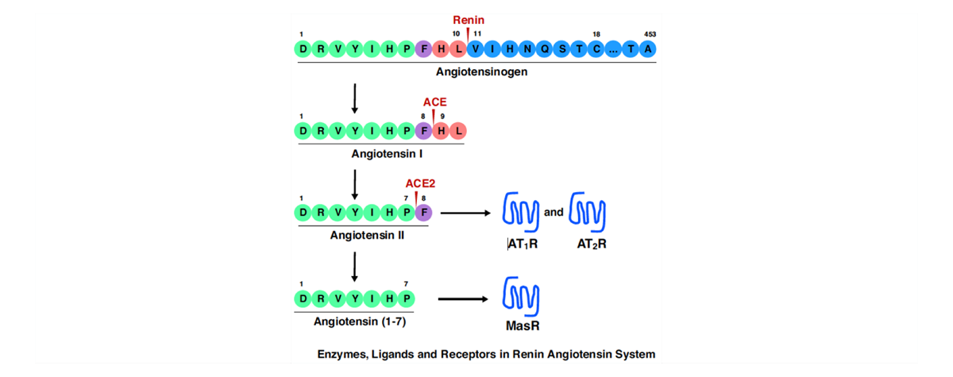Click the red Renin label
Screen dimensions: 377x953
pos(469,20)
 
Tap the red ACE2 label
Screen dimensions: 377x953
pos(420,183)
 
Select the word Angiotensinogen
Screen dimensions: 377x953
pos(482,71)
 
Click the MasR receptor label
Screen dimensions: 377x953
pos(523,325)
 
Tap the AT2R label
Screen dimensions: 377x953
pos(592,244)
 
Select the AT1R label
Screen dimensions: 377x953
pos(523,244)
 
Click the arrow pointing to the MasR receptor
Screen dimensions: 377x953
pos(463,299)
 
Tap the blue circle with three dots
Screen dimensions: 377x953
pos(614,49)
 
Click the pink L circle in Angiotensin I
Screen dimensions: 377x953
pos(458,130)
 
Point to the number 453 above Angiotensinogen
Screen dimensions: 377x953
pos(650,34)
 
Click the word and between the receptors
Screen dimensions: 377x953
pos(554,212)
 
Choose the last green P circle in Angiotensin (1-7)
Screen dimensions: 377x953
pos(407,298)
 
